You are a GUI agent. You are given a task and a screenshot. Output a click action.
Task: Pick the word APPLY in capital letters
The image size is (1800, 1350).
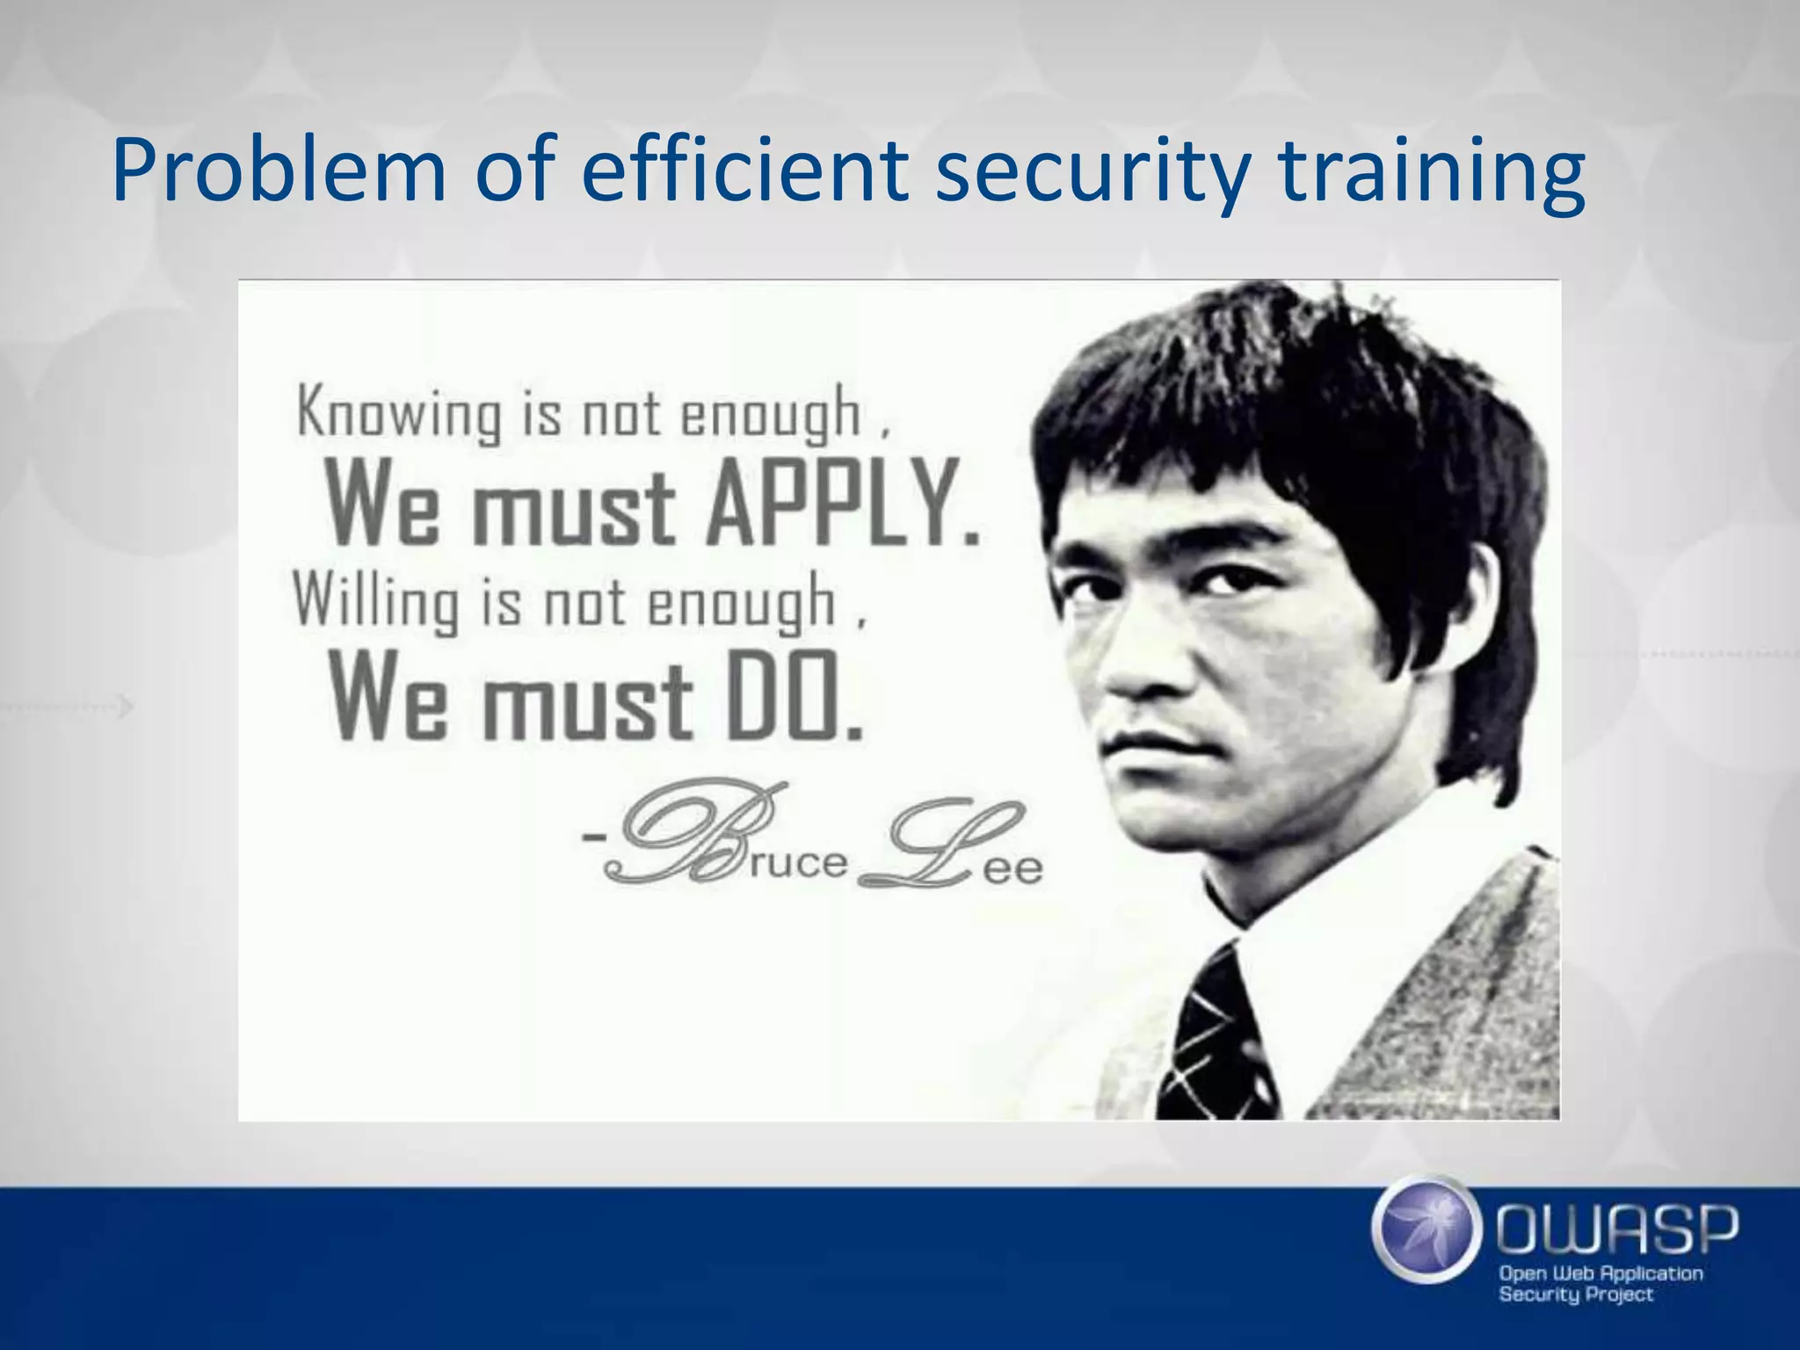tap(842, 504)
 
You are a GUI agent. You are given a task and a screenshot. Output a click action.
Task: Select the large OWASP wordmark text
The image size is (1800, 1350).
tap(1617, 1230)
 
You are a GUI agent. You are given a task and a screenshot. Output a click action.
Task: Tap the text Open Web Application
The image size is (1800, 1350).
tap(1600, 1274)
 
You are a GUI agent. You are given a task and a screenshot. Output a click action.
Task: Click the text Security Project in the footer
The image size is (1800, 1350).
tap(1576, 1295)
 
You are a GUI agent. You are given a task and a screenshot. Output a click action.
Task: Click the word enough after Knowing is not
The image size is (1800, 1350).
tap(771, 413)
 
